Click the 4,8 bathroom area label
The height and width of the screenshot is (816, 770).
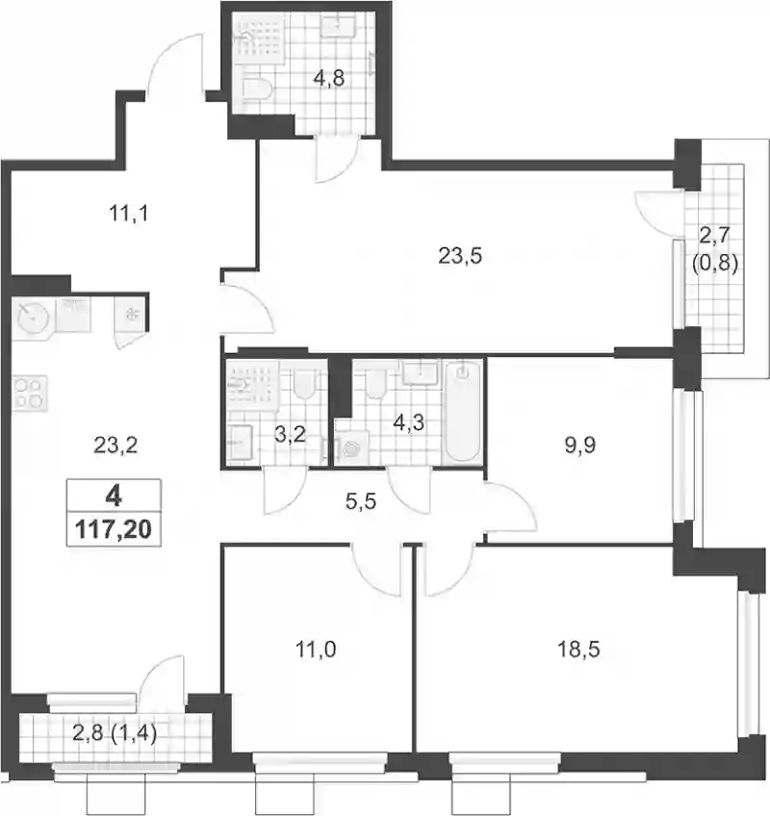point(328,79)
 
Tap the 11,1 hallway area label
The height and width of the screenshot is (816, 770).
point(129,213)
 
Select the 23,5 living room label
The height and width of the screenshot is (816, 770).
point(460,256)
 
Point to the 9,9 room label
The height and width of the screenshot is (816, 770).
point(580,445)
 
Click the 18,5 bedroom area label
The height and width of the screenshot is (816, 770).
point(578,649)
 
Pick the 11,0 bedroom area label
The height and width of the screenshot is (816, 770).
point(316,649)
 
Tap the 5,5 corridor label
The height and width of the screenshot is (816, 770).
point(361,502)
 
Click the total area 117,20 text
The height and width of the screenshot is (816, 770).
point(114,529)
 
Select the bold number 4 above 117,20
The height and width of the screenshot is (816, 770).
point(114,497)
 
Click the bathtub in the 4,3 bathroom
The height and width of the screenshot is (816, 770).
point(463,411)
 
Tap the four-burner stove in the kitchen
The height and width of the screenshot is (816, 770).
point(30,394)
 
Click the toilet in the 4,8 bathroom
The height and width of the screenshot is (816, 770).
point(257,89)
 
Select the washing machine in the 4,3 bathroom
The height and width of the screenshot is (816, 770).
point(351,447)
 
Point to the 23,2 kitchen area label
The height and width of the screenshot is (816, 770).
point(115,445)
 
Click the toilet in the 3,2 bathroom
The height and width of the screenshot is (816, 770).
point(303,385)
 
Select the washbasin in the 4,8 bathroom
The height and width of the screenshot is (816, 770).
point(338,25)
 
